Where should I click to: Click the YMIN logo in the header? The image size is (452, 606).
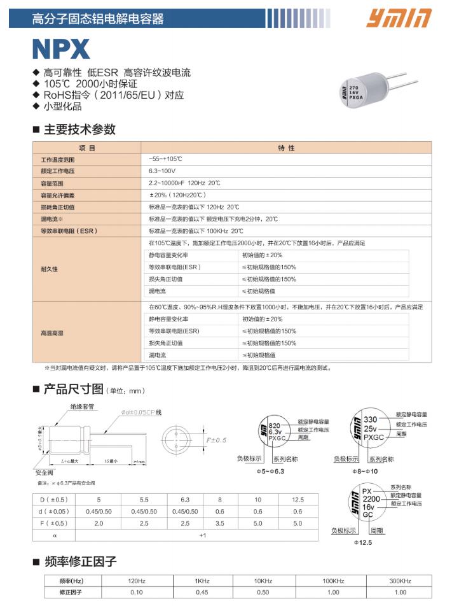399,18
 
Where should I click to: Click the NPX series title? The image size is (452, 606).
61,49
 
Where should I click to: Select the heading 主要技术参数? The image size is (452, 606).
79,129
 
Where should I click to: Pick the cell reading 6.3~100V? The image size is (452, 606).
162,171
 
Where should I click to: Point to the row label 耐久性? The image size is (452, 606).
50,269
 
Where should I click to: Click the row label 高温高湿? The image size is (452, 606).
52,333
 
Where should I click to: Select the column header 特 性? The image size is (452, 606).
287,148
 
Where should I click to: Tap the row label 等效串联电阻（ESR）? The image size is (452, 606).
69,231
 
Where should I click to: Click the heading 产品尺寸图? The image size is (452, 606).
73,389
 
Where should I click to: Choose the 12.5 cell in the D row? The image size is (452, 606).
298,500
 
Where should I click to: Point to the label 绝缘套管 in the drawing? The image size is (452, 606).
82,406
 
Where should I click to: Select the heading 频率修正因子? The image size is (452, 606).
81,561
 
